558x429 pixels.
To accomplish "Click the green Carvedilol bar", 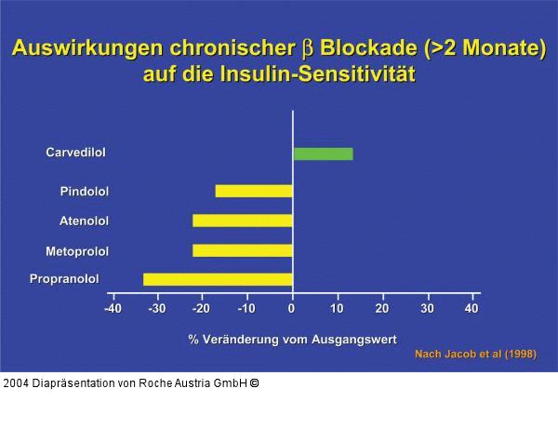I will click(x=323, y=154).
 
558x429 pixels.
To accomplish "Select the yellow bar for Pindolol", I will click(x=254, y=191).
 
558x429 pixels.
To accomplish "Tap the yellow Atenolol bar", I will click(x=243, y=221).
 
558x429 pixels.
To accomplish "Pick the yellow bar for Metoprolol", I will click(x=243, y=250).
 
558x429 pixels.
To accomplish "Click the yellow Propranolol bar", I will click(x=218, y=278).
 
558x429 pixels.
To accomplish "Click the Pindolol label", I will click(x=85, y=192).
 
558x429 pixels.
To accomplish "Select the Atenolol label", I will click(x=84, y=221).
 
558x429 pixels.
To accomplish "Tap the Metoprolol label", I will click(x=77, y=251).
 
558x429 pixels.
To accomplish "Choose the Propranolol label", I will click(x=64, y=278).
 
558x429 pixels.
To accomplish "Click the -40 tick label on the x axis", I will click(x=113, y=308).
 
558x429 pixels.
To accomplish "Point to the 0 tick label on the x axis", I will click(x=292, y=308).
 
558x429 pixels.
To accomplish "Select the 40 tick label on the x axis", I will click(x=472, y=308).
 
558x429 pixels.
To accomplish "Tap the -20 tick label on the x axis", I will click(x=202, y=308).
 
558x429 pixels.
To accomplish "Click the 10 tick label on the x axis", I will click(x=337, y=308).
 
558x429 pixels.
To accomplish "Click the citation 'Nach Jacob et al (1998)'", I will click(x=474, y=355).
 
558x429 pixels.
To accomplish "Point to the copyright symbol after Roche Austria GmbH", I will click(x=254, y=382).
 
